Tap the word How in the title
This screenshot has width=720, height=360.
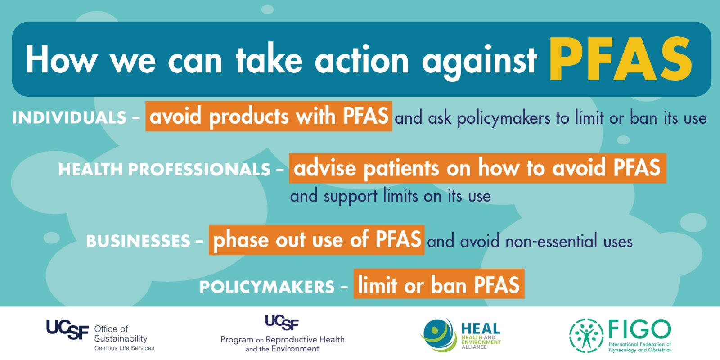(61, 59)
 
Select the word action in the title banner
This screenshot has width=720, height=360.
(362, 60)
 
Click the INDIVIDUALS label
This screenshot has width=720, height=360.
(69, 117)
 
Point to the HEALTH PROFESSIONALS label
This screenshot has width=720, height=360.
(164, 170)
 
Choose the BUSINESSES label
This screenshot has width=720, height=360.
(138, 241)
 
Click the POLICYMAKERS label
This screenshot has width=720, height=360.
(267, 287)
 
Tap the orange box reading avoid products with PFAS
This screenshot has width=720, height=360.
(269, 117)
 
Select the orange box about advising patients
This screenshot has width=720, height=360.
(477, 168)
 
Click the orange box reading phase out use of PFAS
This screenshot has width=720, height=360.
(317, 240)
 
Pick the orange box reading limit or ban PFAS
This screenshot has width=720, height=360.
(439, 284)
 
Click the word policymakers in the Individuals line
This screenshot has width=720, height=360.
(504, 118)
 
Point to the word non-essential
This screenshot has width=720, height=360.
(551, 241)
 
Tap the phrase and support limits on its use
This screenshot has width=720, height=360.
(391, 196)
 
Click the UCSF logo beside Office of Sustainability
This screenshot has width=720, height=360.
(67, 329)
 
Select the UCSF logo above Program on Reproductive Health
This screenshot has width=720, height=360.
(282, 322)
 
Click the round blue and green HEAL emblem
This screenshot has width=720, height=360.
(438, 335)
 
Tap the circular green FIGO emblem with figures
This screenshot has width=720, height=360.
(586, 336)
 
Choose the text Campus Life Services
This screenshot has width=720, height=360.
(124, 348)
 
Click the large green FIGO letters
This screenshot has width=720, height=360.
(639, 329)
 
